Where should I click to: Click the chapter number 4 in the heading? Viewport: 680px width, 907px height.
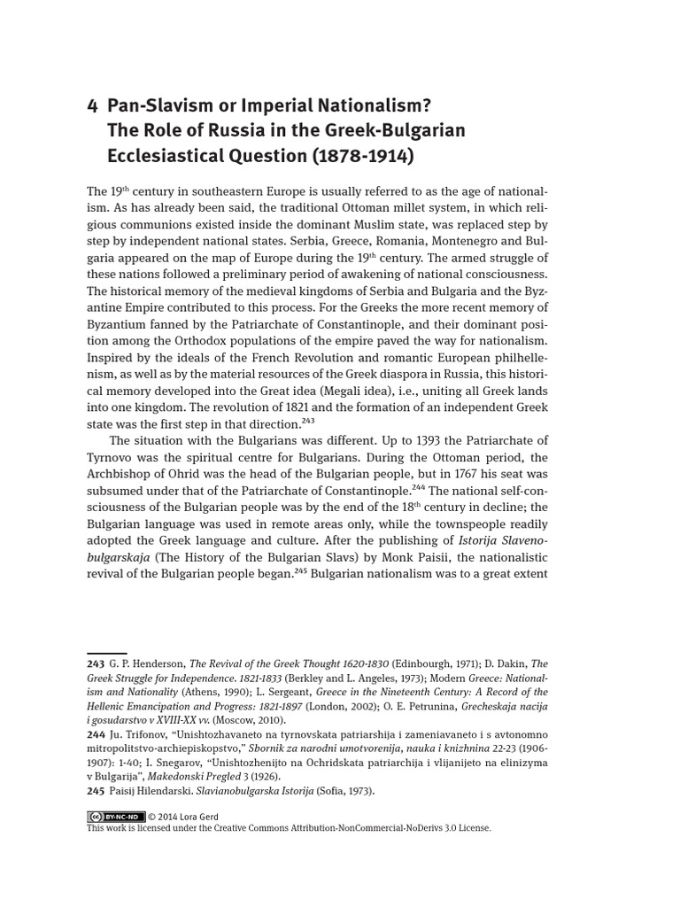[x=92, y=106]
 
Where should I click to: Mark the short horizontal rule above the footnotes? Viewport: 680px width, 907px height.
[x=106, y=653]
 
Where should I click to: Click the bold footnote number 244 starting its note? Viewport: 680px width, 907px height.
[x=96, y=734]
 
